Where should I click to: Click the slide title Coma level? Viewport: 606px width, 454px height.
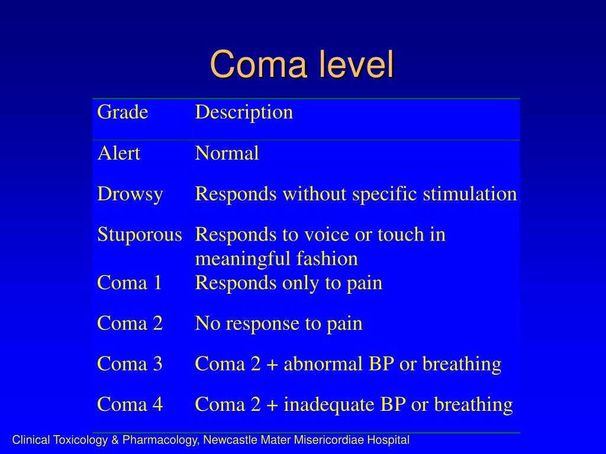click(302, 64)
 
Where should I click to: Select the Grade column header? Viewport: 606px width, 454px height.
click(123, 112)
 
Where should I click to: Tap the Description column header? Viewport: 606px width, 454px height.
click(244, 112)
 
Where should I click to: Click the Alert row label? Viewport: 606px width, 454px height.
click(118, 154)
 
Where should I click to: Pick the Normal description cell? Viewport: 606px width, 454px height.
click(227, 154)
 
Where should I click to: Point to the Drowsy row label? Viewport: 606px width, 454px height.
click(130, 194)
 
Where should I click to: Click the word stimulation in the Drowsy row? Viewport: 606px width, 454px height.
click(470, 194)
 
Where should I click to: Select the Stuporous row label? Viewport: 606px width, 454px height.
click(139, 235)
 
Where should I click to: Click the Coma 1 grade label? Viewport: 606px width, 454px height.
click(130, 283)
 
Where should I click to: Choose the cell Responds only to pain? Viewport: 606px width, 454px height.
click(289, 283)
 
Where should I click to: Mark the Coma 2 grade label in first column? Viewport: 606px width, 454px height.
click(130, 323)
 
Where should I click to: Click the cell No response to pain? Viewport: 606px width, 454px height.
click(279, 323)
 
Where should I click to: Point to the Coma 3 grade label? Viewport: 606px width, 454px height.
click(130, 364)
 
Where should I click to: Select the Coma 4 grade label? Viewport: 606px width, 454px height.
click(130, 404)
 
